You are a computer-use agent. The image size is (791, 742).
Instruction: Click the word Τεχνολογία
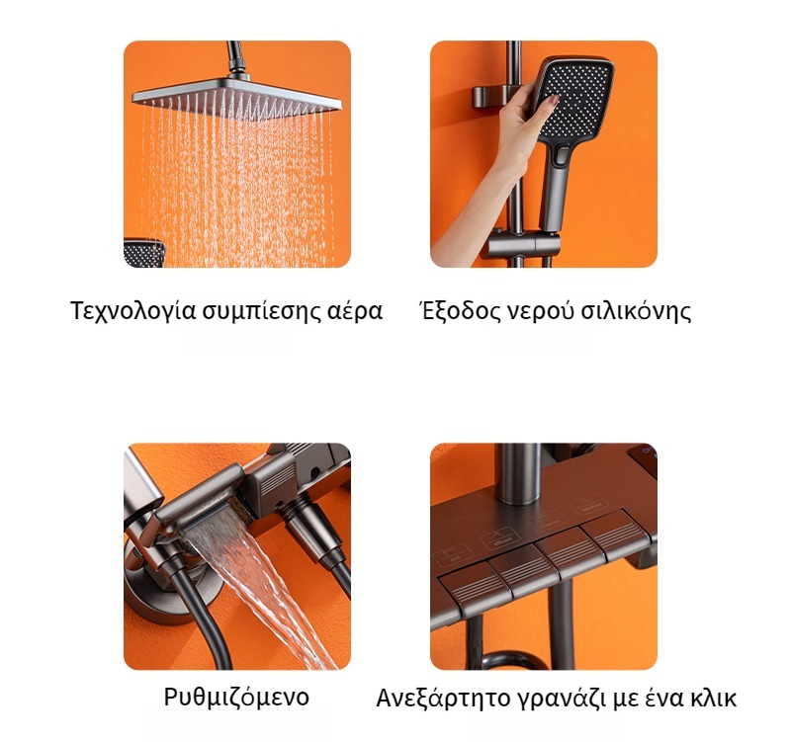(x=132, y=311)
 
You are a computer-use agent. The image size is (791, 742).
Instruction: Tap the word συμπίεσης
(x=261, y=311)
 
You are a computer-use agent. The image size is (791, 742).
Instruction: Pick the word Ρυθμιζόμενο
(x=236, y=698)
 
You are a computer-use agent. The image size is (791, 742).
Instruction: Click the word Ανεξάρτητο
(x=443, y=699)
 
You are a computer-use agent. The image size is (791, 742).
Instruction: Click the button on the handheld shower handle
(x=562, y=156)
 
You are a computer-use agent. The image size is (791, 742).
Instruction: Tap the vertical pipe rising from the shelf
(x=518, y=473)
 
